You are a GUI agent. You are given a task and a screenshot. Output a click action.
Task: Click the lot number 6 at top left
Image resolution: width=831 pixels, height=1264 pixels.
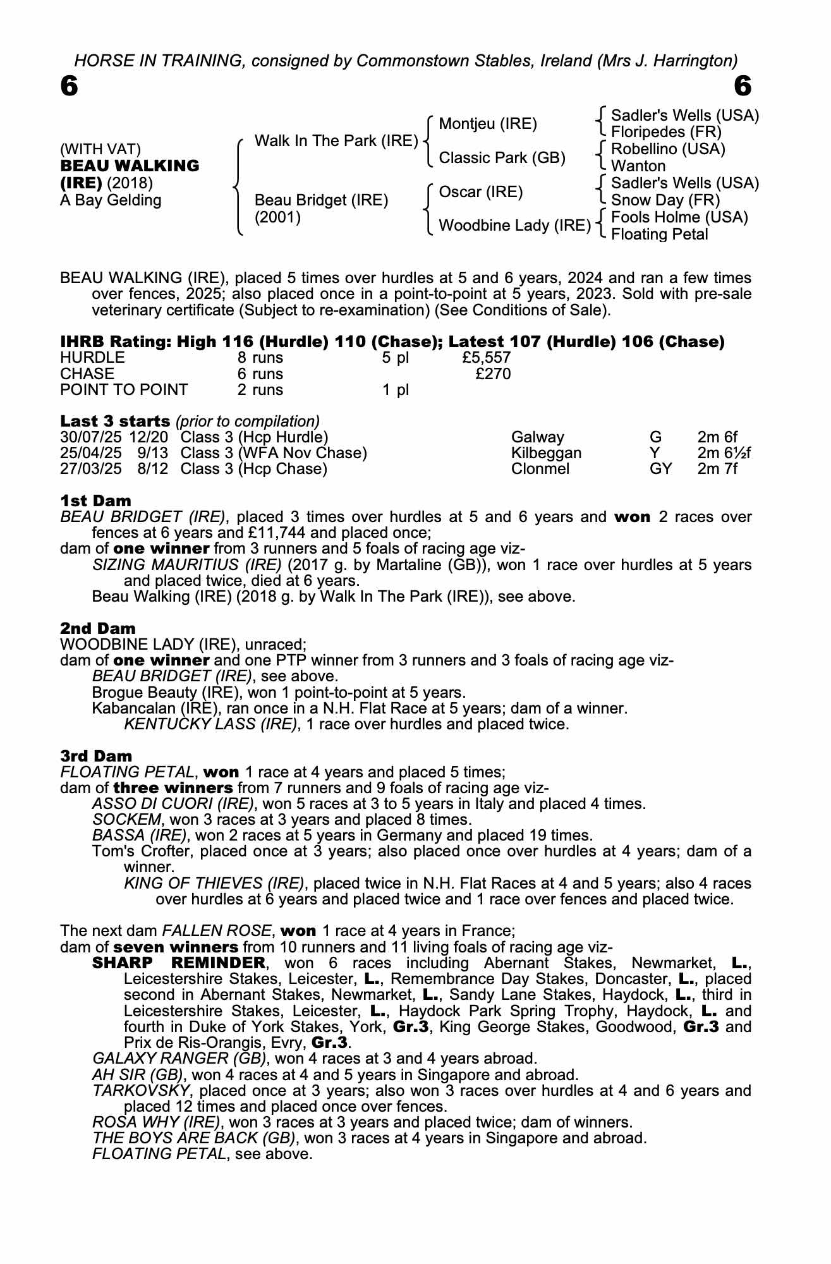click(69, 87)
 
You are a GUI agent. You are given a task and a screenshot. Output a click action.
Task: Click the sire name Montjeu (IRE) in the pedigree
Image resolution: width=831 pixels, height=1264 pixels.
click(487, 124)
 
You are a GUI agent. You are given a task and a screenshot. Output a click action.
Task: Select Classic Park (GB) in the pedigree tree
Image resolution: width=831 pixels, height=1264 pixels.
click(502, 158)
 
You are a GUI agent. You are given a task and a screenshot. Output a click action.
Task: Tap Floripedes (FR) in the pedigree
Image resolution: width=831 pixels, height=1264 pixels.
click(666, 132)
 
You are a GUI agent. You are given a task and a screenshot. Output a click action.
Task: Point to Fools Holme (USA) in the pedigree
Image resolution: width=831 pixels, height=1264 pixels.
click(679, 217)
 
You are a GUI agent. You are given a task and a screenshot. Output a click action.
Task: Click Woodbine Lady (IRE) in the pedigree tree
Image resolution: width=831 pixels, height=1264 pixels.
click(514, 226)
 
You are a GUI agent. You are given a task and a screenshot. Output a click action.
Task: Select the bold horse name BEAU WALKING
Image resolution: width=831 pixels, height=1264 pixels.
click(130, 166)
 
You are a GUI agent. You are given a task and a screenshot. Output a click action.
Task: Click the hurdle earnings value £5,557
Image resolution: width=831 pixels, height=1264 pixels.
click(486, 358)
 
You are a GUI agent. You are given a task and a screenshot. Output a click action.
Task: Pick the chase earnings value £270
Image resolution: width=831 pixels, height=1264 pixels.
click(493, 374)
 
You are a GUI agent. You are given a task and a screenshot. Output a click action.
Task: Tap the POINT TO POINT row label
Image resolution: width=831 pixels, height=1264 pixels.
click(124, 390)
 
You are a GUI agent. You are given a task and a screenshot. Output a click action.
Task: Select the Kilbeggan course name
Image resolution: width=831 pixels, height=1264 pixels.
click(546, 453)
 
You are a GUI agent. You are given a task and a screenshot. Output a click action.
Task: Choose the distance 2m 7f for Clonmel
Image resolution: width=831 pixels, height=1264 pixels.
click(717, 469)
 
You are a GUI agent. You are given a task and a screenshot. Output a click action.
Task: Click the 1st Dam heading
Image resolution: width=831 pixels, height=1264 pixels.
click(95, 501)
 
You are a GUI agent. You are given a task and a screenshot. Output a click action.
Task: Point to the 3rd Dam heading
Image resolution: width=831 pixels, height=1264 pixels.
click(96, 757)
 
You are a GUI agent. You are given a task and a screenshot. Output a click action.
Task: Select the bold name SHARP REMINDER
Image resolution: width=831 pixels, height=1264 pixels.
click(179, 963)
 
